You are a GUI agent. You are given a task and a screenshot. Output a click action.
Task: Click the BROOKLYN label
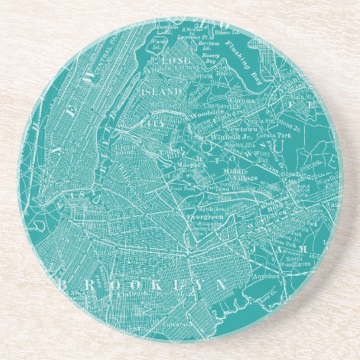pyautogui.click(x=143, y=283)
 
